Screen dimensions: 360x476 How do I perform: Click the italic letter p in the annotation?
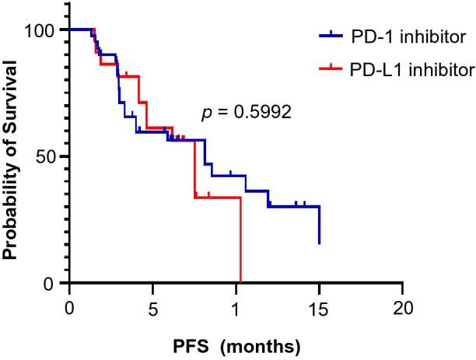206,114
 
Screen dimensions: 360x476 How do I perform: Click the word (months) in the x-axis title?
254,343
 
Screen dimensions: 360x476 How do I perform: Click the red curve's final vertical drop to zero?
241,241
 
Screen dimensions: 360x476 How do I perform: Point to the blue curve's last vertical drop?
319,225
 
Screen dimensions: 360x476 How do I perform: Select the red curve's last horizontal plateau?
218,197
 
